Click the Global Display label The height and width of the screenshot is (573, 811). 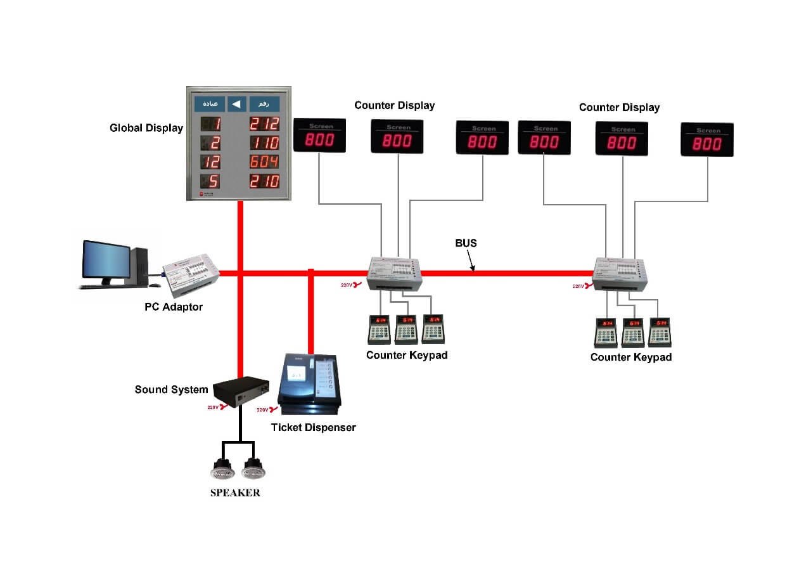(146, 128)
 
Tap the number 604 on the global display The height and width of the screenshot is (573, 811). (264, 162)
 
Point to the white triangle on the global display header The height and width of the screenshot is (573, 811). (236, 104)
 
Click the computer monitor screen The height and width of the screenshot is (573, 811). (106, 260)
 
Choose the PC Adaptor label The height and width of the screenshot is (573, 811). (173, 307)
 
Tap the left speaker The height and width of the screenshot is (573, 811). (222, 469)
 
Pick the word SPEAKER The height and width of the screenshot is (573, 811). (235, 493)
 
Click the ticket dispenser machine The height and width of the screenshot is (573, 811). (310, 380)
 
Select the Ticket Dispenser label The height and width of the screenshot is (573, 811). (313, 428)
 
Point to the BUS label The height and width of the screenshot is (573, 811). (466, 243)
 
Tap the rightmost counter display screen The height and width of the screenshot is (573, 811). (707, 140)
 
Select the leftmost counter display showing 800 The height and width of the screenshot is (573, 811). (320, 136)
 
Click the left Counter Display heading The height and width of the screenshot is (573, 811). (394, 106)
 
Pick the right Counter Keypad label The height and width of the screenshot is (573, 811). (630, 357)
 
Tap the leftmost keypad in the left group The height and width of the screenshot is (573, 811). (379, 329)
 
